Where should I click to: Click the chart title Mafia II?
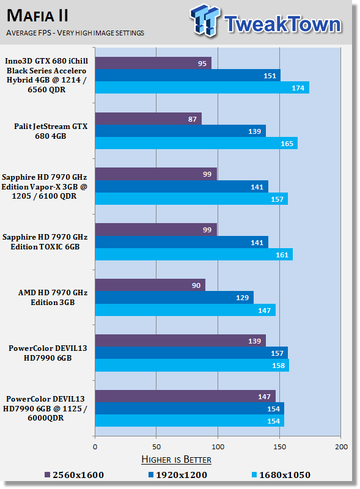[37, 16]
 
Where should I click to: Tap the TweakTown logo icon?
[205, 20]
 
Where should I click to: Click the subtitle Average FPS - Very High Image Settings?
[75, 33]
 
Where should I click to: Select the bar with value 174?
[202, 87]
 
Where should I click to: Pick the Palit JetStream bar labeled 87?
[148, 119]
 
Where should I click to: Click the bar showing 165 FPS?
[196, 143]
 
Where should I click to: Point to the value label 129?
[243, 298]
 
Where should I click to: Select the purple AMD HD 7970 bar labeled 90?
[150, 285]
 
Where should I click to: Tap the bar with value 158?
[192, 365]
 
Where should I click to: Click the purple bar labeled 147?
[185, 396]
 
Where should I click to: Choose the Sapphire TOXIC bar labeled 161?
[194, 254]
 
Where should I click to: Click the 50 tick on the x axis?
[156, 447]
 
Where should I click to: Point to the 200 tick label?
[341, 447]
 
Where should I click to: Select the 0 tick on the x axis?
[95, 447]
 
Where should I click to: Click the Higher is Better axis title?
[176, 460]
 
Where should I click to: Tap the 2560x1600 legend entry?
[74, 475]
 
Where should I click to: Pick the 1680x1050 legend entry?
[281, 475]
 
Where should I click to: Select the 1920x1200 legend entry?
[177, 475]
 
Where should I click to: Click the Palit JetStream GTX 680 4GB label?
[51, 131]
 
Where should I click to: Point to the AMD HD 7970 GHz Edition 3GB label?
[53, 298]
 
